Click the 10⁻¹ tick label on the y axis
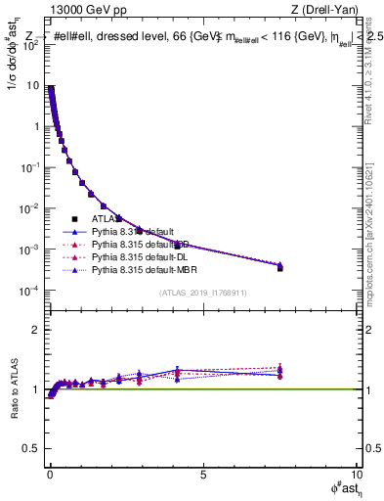[30, 168]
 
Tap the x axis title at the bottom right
[342, 490]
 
